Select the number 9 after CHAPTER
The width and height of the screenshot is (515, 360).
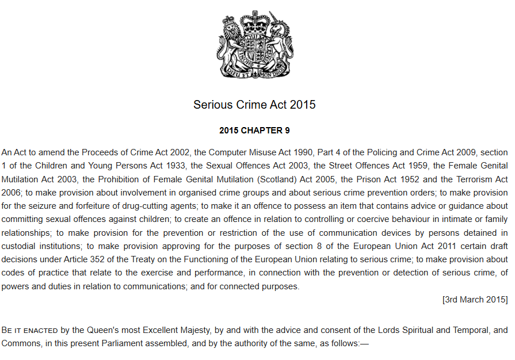coord(287,131)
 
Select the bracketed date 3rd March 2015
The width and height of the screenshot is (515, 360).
coord(475,300)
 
